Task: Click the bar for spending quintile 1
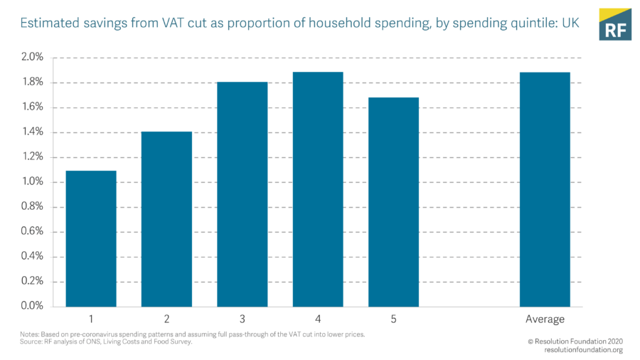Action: point(91,238)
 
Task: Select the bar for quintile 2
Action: point(166,219)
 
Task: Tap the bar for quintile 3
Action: point(242,194)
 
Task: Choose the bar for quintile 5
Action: point(393,202)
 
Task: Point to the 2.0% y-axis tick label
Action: point(33,57)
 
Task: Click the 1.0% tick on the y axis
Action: point(33,182)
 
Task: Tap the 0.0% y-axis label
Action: point(33,306)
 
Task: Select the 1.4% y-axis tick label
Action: point(33,132)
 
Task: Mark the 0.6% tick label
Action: point(33,232)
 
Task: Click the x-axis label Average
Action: point(545,319)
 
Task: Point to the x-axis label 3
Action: point(242,319)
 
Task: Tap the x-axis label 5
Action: point(393,319)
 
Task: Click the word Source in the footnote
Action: point(31,342)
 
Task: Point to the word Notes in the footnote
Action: point(31,334)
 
